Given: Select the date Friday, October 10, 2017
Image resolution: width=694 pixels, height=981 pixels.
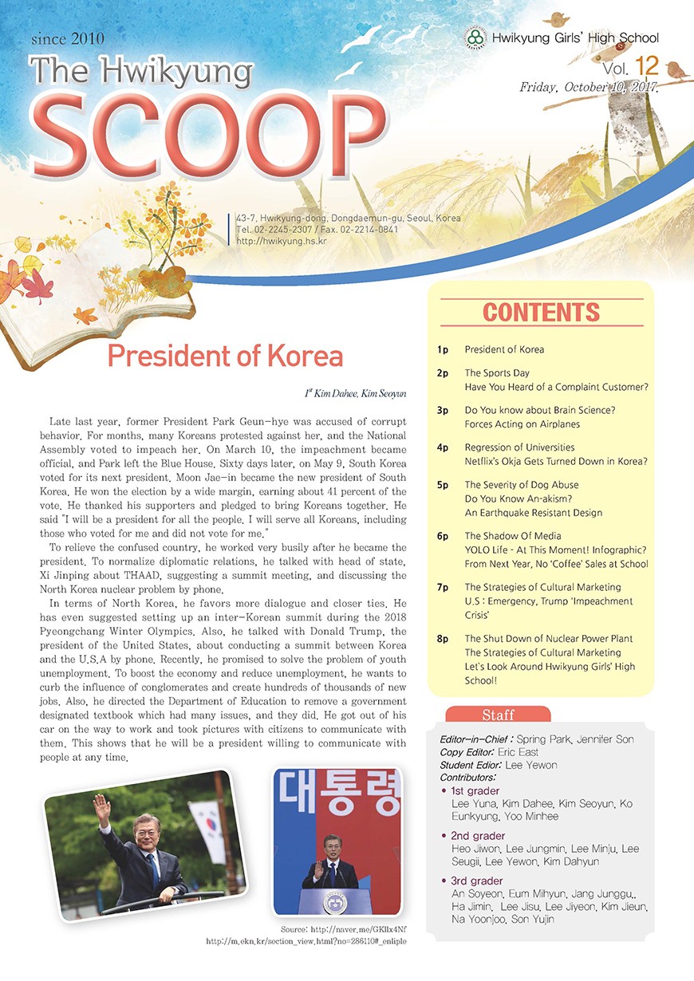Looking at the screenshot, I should tap(589, 87).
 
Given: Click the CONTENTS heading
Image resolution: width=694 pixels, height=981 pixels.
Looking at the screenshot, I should tap(541, 313).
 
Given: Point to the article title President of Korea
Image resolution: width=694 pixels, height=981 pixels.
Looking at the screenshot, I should tap(225, 356).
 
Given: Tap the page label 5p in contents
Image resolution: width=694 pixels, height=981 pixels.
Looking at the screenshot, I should tap(444, 485).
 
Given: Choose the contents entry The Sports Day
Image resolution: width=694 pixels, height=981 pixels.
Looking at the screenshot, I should tap(497, 372).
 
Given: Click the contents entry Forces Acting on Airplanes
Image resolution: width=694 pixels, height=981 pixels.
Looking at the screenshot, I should tap(522, 424).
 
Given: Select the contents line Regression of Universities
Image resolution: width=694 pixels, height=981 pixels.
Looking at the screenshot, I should tap(519, 447).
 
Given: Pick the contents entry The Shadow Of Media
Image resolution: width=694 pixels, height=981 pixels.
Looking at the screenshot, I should tap(513, 536).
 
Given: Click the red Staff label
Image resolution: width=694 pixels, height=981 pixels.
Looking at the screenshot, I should tap(498, 715).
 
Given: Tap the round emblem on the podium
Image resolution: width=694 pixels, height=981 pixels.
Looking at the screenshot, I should tap(335, 901).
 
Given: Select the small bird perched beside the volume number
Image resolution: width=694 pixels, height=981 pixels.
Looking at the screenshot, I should tap(676, 69).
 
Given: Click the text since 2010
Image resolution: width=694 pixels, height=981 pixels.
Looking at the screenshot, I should tap(68, 37).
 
